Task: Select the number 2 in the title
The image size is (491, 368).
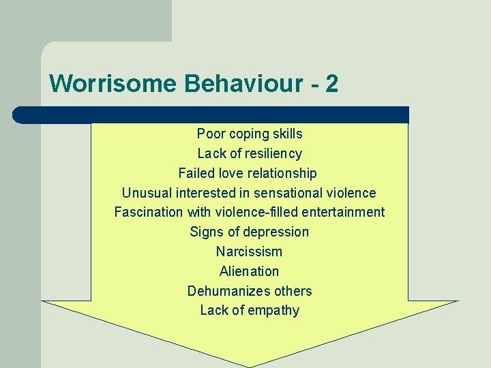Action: [331, 84]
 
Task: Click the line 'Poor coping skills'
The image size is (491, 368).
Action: [250, 134]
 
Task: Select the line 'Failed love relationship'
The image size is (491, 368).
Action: [248, 173]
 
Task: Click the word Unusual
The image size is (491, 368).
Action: [145, 193]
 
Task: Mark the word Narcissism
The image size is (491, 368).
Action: [249, 251]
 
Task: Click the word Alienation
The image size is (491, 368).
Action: [249, 271]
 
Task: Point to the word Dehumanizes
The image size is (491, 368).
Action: [220, 291]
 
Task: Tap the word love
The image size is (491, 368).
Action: [228, 173]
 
